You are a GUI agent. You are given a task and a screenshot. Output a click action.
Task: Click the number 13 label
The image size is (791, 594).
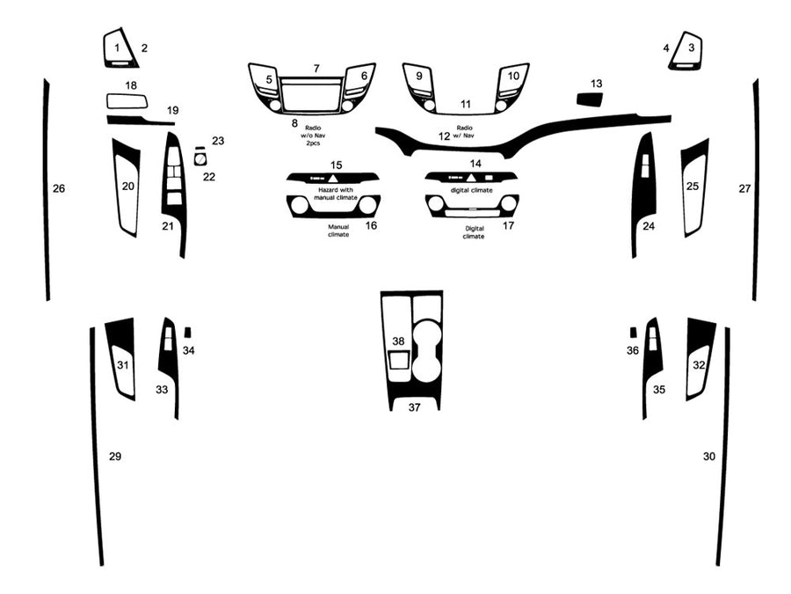597,84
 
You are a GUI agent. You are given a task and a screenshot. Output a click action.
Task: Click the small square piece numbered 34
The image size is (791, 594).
187,332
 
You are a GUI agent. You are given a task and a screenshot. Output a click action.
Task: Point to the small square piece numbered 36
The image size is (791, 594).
633,332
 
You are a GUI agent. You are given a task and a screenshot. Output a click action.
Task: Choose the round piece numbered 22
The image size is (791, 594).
200,158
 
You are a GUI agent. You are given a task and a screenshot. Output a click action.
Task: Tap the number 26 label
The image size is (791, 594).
59,188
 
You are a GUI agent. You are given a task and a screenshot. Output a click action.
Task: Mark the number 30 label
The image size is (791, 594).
709,457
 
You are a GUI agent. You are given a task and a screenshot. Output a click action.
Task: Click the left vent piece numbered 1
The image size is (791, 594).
120,49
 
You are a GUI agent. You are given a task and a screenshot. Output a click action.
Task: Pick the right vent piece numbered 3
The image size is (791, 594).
686,52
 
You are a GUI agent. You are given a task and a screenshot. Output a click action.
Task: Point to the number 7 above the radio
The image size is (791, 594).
316,69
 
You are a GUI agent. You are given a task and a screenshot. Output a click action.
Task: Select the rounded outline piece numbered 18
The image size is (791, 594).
127,100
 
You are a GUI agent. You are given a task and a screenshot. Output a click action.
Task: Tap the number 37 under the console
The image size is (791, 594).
414,407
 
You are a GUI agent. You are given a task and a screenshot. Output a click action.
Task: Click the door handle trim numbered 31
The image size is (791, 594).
122,361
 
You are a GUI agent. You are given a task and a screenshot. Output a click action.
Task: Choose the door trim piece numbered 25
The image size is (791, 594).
693,187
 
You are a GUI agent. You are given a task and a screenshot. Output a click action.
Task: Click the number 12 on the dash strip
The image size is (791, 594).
444,136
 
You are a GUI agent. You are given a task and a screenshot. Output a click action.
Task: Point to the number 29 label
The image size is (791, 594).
115,456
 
